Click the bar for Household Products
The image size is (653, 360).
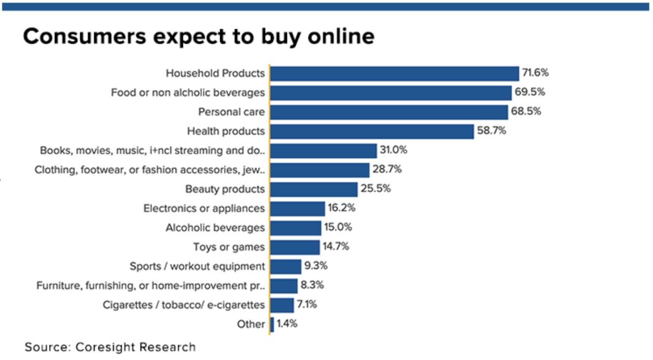(x=394, y=74)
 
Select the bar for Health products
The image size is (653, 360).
(x=372, y=131)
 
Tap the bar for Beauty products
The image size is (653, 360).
(x=314, y=190)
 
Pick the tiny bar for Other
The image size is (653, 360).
(x=272, y=324)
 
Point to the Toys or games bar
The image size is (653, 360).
(x=295, y=247)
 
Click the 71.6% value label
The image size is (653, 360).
(x=535, y=73)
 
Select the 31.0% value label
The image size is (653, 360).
(x=394, y=150)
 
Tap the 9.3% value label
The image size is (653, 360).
(x=315, y=266)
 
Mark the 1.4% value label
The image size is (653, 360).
(x=287, y=324)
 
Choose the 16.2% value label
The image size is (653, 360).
(x=342, y=208)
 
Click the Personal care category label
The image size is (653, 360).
(x=231, y=112)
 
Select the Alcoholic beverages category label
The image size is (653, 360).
(x=215, y=228)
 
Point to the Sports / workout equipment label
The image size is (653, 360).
(x=197, y=266)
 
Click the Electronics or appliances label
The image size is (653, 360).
(x=204, y=209)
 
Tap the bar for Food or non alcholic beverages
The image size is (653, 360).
(x=391, y=93)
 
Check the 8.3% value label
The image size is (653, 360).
(x=312, y=285)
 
